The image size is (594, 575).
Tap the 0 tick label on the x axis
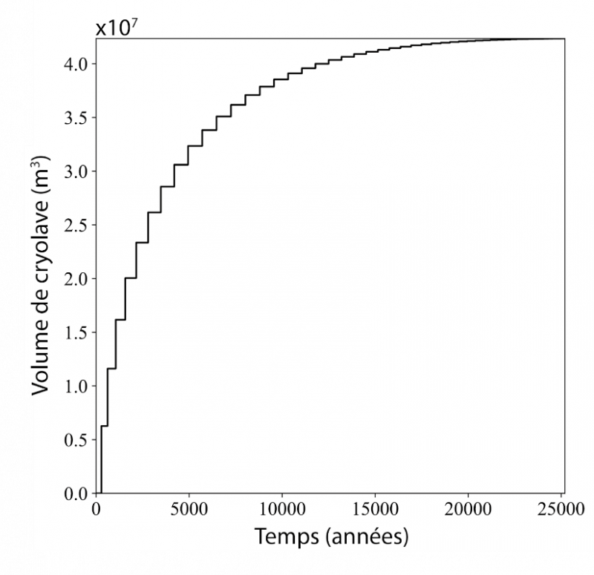click(97, 509)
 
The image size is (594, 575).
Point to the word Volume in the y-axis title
click(43, 353)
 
